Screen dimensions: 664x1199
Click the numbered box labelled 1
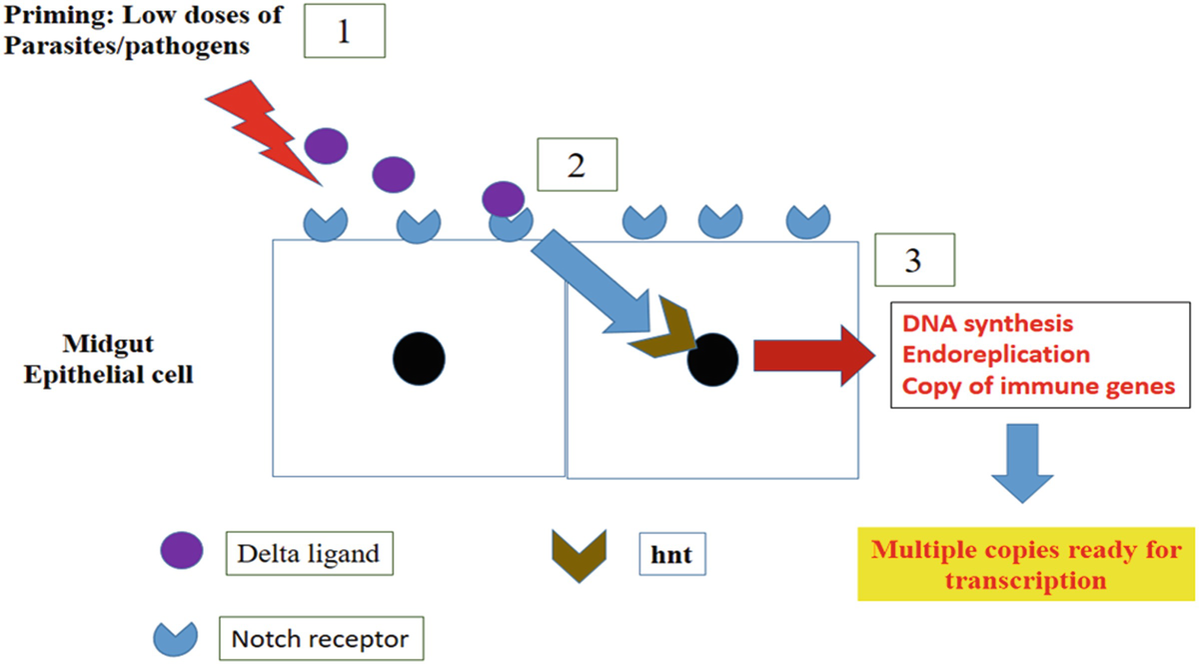click(x=343, y=33)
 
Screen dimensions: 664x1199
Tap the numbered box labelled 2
click(x=576, y=164)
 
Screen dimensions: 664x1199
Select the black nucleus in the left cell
click(x=419, y=355)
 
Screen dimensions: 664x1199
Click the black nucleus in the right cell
click(x=712, y=358)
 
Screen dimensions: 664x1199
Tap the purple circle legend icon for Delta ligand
click(x=181, y=550)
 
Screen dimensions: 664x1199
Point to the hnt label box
click(x=671, y=552)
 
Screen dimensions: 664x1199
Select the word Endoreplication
click(x=995, y=354)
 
